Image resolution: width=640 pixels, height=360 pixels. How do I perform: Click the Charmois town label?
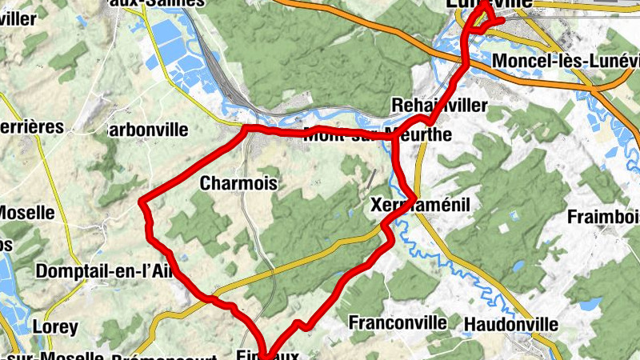click(238, 183)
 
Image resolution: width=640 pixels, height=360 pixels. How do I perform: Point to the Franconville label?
click(398, 322)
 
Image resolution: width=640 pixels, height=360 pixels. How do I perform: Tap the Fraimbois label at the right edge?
click(603, 216)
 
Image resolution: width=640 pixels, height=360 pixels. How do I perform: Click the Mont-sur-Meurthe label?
click(377, 134)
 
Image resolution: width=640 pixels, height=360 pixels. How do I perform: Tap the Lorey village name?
click(55, 326)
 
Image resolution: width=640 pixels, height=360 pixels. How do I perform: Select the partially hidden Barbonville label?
click(148, 130)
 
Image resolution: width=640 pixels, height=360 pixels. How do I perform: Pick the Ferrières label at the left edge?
click(31, 126)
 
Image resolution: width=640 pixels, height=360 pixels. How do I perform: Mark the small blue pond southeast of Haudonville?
click(593, 304)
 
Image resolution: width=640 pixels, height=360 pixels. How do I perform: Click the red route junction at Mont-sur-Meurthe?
click(394, 138)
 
